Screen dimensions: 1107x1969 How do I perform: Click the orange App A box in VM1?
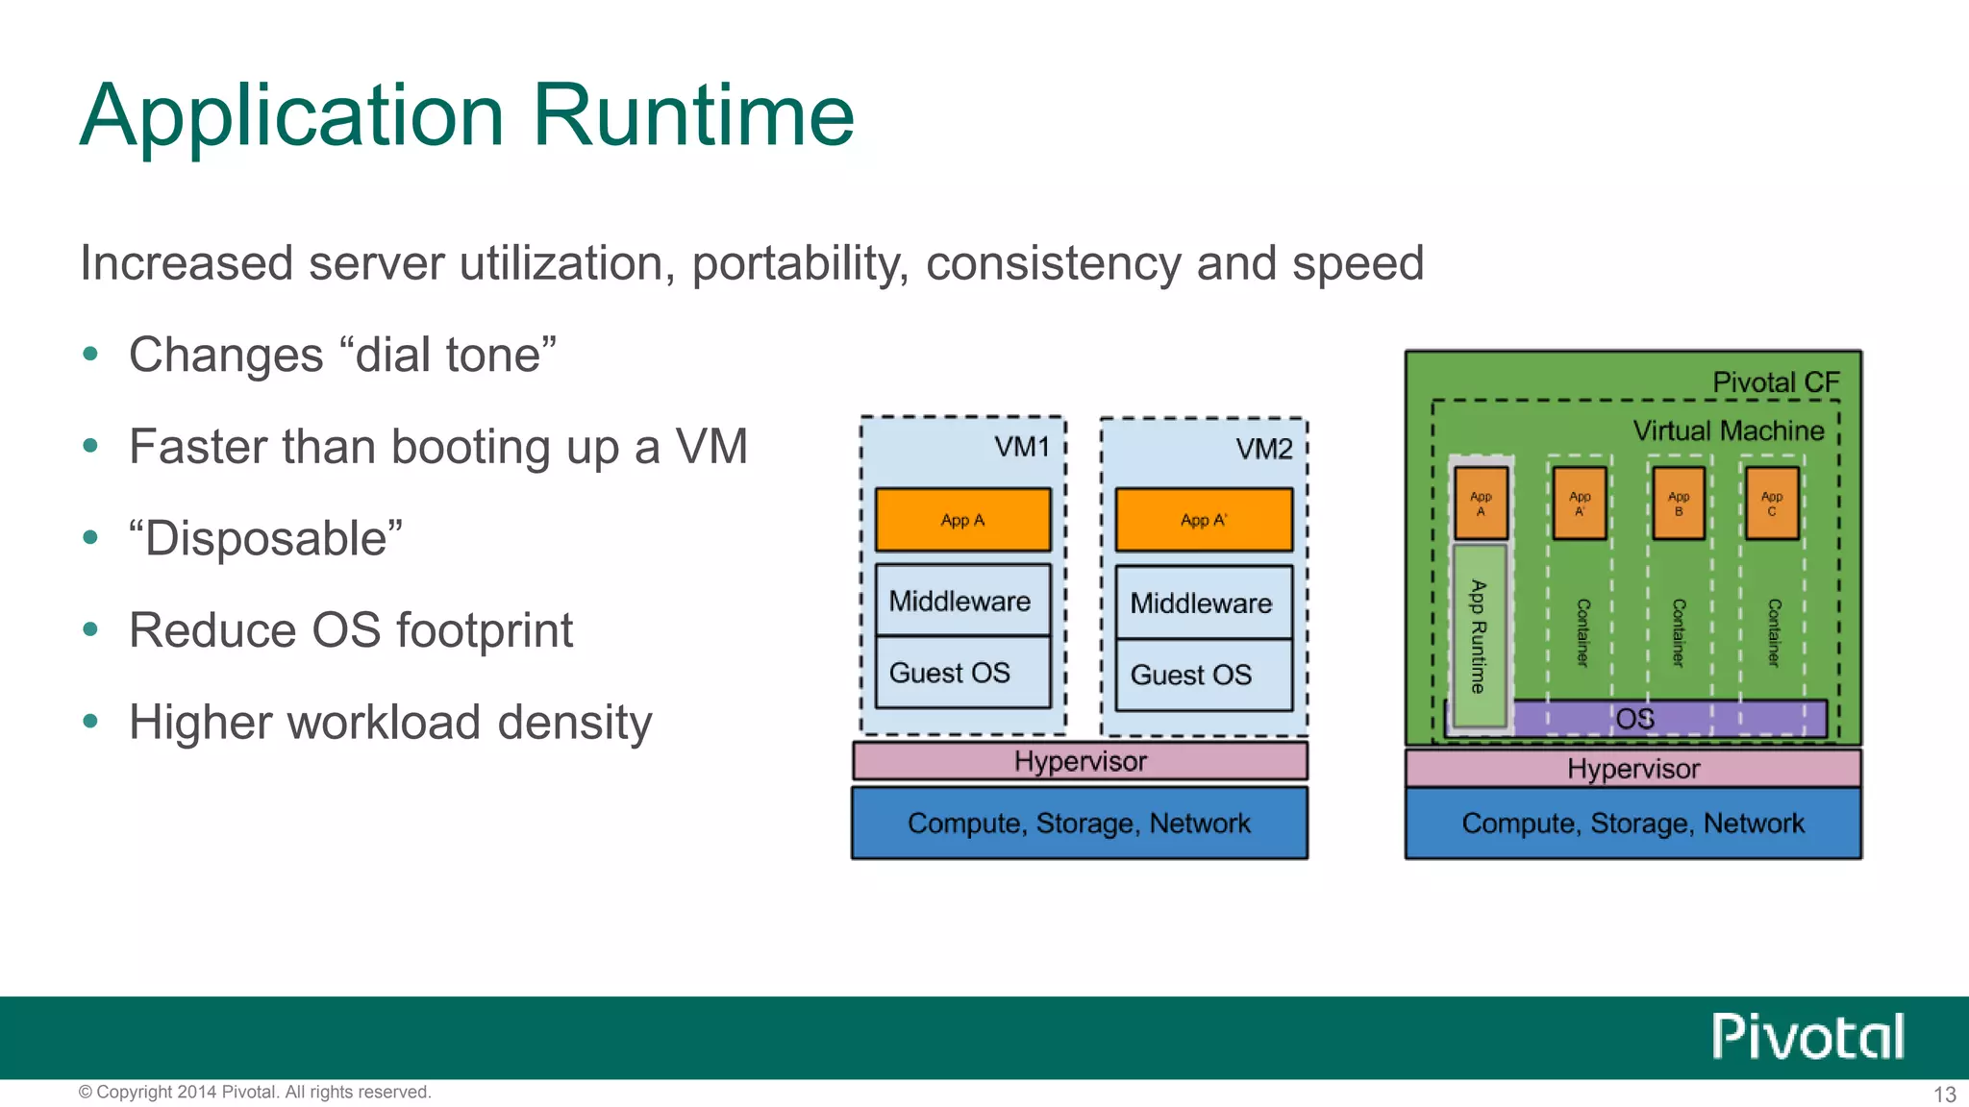click(962, 520)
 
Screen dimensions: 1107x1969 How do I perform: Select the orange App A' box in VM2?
click(1204, 520)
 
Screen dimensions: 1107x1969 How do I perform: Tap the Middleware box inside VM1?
click(961, 601)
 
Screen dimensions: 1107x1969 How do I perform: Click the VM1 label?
click(1021, 447)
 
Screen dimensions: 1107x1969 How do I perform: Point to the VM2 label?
click(1263, 449)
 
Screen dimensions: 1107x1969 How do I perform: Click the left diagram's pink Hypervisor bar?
click(1080, 761)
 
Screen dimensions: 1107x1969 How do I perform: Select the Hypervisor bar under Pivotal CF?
click(1633, 769)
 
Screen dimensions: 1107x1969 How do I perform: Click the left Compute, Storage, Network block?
click(1079, 824)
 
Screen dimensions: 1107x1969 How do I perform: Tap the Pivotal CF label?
click(1775, 382)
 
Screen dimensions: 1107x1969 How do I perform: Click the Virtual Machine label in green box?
click(1728, 430)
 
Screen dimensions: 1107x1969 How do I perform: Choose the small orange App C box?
click(1771, 504)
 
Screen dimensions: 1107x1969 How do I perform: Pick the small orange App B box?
click(1678, 504)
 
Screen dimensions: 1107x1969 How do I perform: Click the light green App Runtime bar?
click(1479, 636)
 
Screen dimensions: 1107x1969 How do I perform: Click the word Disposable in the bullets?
click(266, 538)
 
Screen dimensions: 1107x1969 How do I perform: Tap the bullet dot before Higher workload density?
click(90, 722)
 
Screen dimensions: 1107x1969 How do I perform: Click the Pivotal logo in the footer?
click(1807, 1037)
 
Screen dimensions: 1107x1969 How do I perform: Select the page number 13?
click(1944, 1095)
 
